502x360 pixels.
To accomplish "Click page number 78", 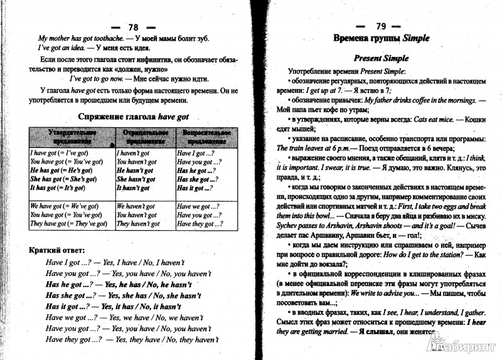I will tap(132, 27).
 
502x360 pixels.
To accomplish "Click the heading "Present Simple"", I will tap(381, 58).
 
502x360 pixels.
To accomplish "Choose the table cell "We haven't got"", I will tap(137, 206).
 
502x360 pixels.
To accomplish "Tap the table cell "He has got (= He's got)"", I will tap(63, 170).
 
